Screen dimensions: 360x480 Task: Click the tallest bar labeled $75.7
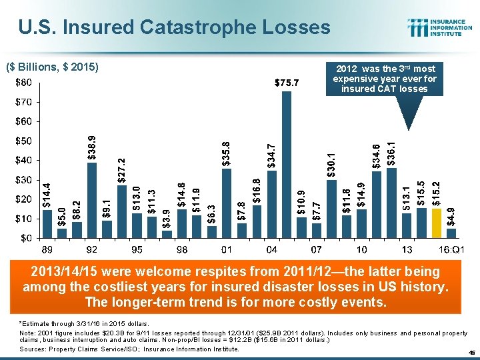287,164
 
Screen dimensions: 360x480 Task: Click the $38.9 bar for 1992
92,199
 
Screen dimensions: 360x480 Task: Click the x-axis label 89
47,249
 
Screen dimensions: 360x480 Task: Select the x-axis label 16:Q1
452,249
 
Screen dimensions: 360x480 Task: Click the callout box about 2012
386,79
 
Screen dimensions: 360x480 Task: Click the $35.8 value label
227,153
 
